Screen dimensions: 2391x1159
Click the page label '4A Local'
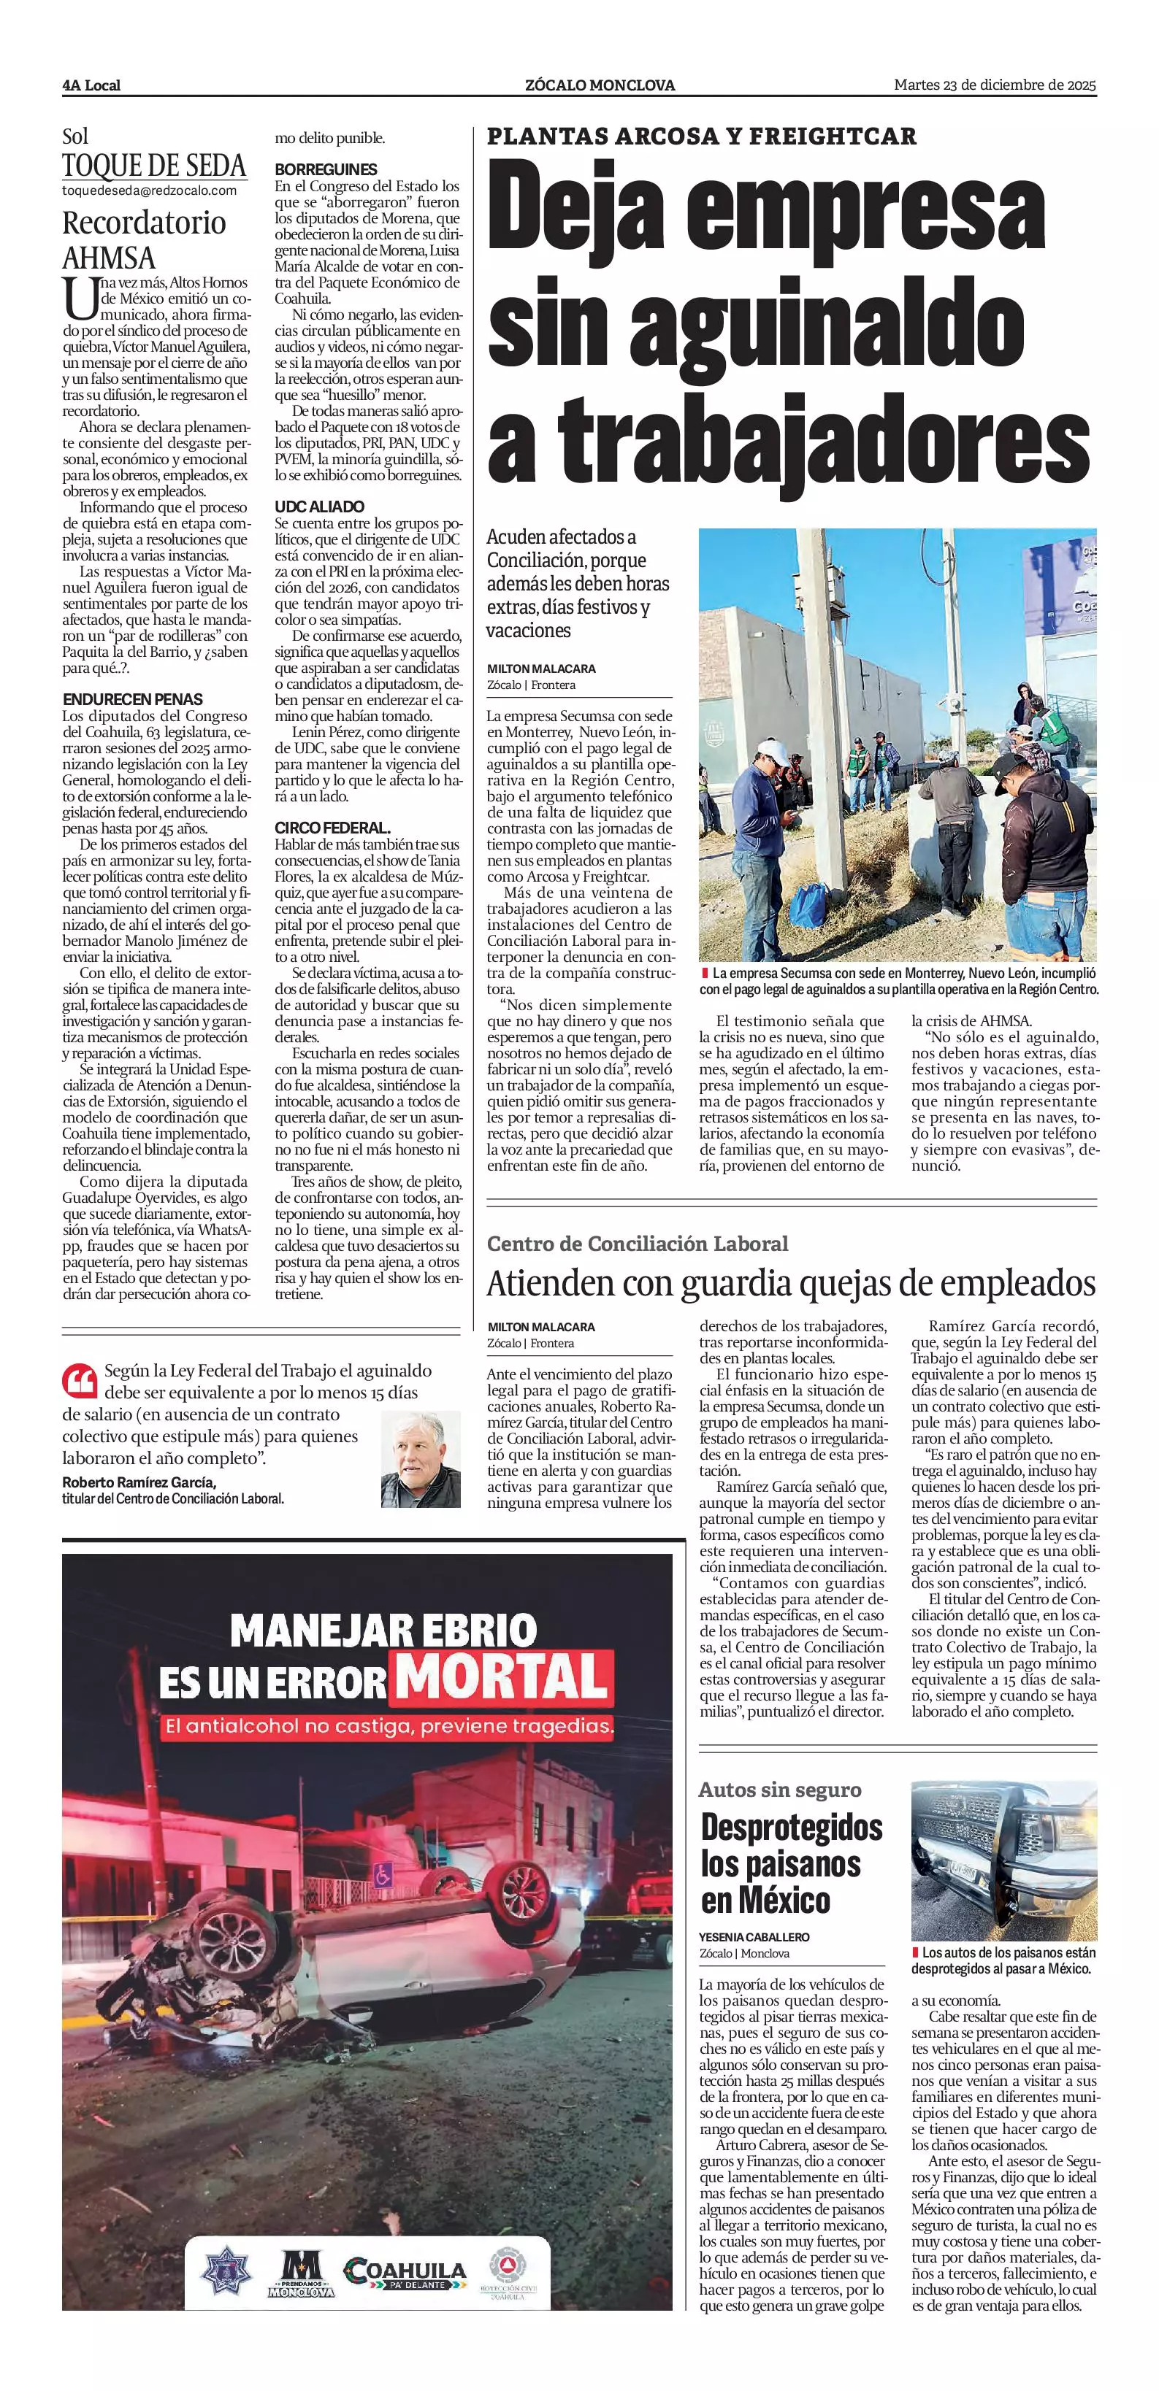(91, 85)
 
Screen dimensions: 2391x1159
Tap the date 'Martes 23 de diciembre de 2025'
(994, 85)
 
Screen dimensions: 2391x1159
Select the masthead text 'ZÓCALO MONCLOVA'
(600, 85)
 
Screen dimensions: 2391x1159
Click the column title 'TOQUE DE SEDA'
(154, 166)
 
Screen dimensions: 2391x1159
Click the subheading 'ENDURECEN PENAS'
(133, 699)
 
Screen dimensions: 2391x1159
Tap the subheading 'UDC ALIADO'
(319, 507)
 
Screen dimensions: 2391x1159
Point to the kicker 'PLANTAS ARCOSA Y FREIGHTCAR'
(701, 136)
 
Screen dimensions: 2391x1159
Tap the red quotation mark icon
(80, 1380)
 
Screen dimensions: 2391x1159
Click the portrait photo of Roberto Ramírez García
(421, 1459)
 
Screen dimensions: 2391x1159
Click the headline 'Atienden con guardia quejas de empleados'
(791, 1283)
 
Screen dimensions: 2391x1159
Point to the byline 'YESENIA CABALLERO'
(754, 1936)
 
